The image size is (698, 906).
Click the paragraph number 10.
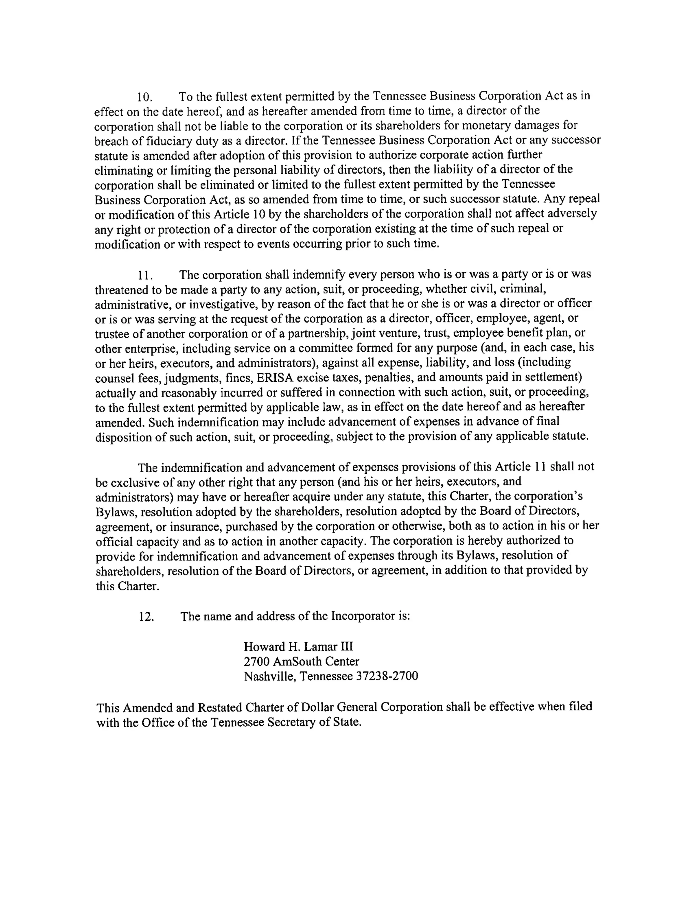145,97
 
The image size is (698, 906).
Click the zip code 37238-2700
386,677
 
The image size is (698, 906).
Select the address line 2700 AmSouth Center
301,662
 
